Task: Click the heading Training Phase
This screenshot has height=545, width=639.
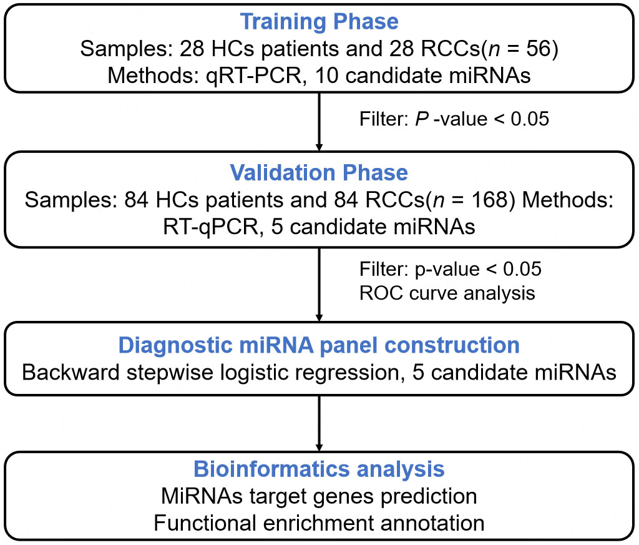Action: point(319,22)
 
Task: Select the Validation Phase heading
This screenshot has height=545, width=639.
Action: point(319,172)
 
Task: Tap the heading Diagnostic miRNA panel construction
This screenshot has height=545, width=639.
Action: point(319,346)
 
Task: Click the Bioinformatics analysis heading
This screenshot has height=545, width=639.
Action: point(319,469)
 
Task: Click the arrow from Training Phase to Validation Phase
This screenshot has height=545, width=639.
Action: point(319,122)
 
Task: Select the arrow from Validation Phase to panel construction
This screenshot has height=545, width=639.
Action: point(319,285)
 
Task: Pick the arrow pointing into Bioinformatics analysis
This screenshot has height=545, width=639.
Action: point(319,423)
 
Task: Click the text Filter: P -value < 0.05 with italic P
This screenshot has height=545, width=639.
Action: point(454,119)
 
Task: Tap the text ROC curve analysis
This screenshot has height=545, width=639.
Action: point(447,293)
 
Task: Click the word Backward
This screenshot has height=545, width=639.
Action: point(71,372)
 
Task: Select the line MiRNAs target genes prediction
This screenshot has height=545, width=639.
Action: point(319,496)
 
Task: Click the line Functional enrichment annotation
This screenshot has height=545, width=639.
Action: point(319,523)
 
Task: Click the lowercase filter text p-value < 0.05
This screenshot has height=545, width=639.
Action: point(479,270)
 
